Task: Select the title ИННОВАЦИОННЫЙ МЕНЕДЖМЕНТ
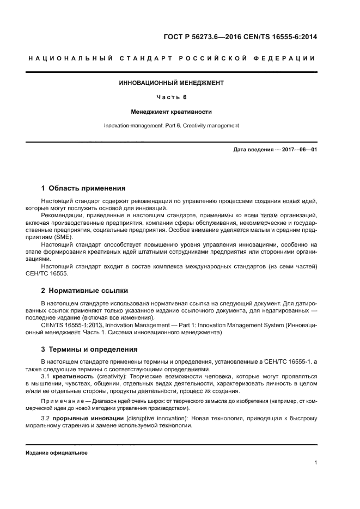(x=172, y=83)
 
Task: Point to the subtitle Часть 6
(x=172, y=97)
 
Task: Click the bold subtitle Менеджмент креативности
(x=172, y=112)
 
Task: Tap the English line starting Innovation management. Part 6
(x=172, y=126)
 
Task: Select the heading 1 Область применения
(x=83, y=188)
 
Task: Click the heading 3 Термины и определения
(x=89, y=349)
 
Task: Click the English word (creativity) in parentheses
(x=109, y=376)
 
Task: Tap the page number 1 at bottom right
(x=316, y=463)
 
